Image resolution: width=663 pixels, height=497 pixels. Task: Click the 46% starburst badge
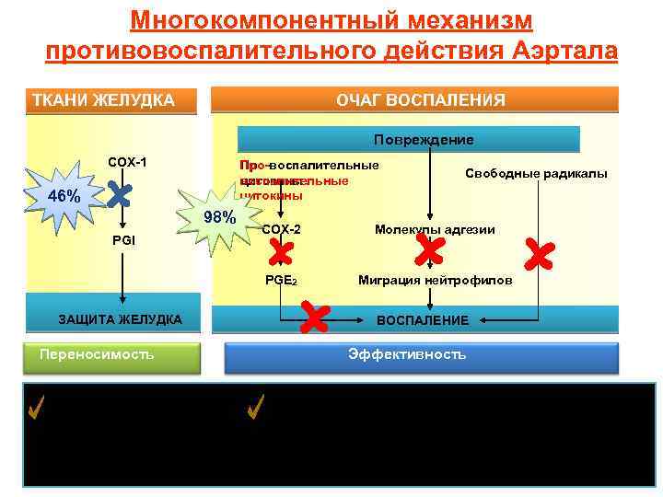tap(63, 198)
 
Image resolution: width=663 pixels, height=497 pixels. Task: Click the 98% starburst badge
tap(219, 217)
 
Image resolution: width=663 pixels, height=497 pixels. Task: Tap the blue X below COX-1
tap(120, 193)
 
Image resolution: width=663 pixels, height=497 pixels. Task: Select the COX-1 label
tap(127, 163)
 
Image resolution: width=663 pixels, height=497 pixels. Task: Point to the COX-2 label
tap(281, 228)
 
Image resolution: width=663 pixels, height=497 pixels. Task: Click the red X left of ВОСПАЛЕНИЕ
tap(315, 318)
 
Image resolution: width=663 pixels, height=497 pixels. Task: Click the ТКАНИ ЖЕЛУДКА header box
tap(112, 99)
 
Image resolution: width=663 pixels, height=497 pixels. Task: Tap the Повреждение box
tap(409, 140)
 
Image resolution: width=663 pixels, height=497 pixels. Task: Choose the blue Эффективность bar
tap(407, 355)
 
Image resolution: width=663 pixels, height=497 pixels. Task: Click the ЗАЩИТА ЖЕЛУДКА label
tap(120, 319)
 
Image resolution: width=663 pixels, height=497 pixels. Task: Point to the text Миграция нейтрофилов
tap(435, 281)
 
